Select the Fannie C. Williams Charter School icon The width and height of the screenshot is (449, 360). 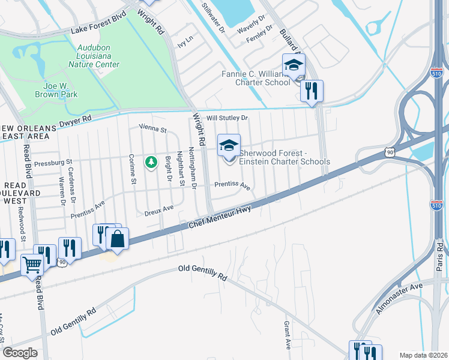pyautogui.click(x=294, y=65)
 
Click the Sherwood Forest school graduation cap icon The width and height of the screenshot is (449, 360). pyautogui.click(x=228, y=145)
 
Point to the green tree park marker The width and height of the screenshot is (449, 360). pyautogui.click(x=151, y=162)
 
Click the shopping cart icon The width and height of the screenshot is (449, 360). pyautogui.click(x=32, y=264)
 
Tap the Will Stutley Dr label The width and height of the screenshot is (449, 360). pyautogui.click(x=227, y=118)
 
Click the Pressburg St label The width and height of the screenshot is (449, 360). pyautogui.click(x=53, y=162)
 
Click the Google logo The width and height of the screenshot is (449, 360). pyautogui.click(x=20, y=353)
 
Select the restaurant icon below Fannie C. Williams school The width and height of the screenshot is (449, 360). pyautogui.click(x=312, y=91)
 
